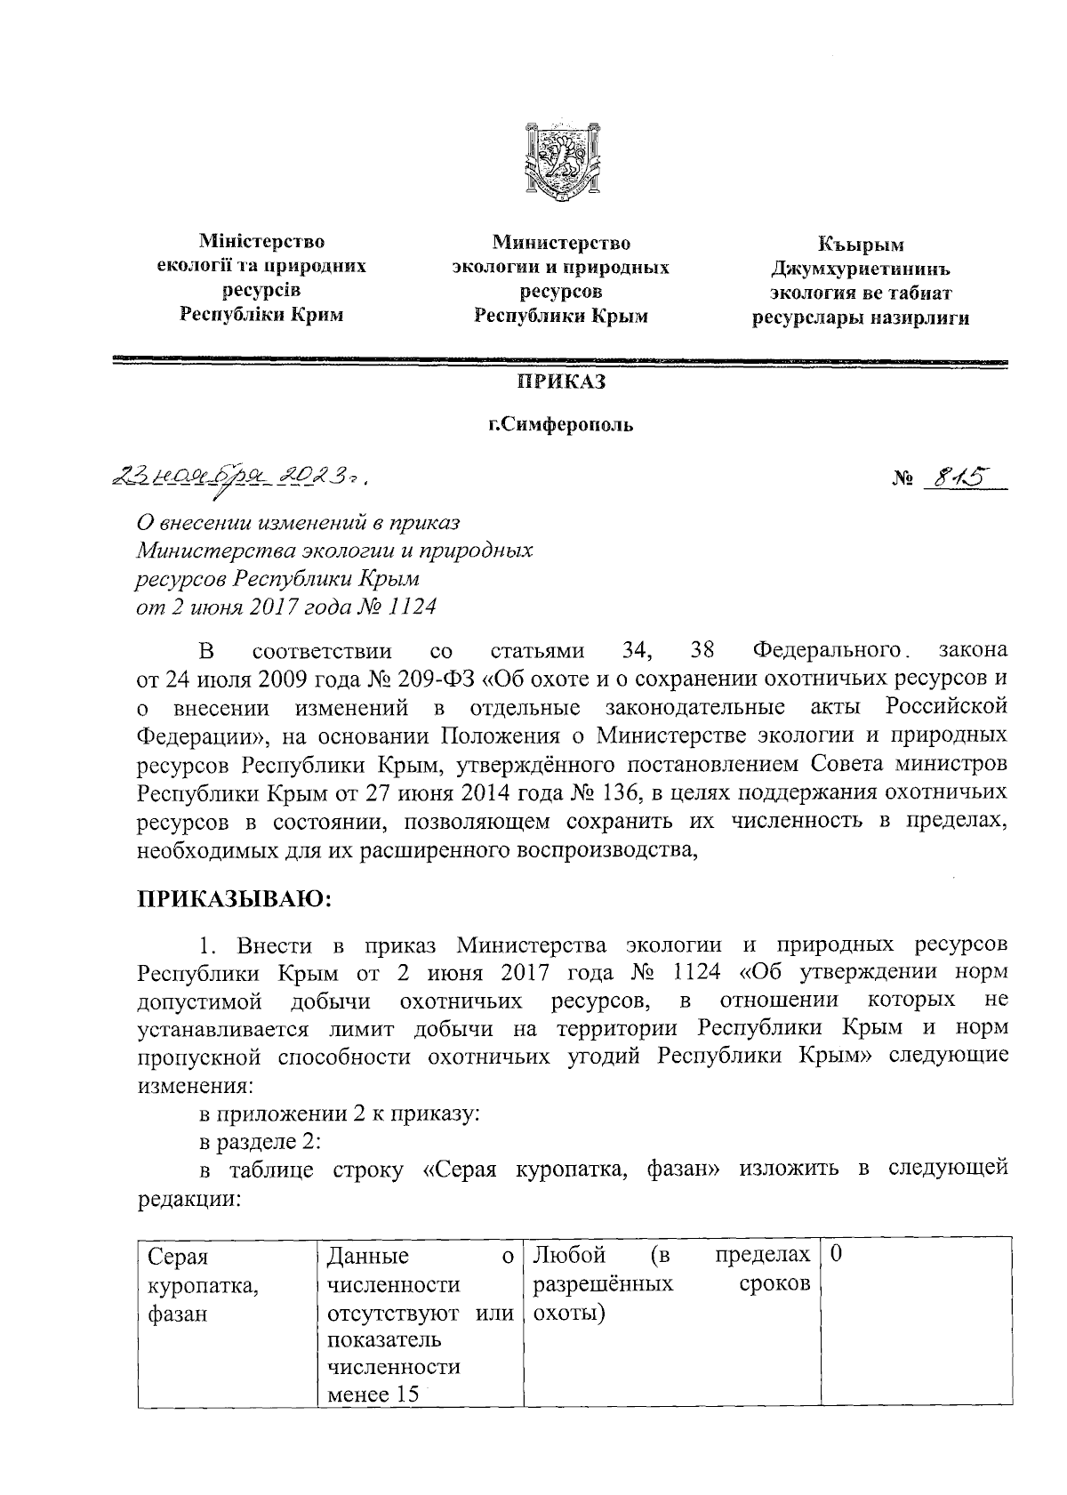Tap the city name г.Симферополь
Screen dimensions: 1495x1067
click(x=561, y=424)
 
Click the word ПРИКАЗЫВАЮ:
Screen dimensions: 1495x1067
click(x=234, y=899)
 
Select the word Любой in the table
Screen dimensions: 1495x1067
click(x=568, y=1256)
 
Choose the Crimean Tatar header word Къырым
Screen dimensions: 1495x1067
click(x=861, y=245)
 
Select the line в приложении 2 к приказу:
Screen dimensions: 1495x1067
click(x=338, y=1113)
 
